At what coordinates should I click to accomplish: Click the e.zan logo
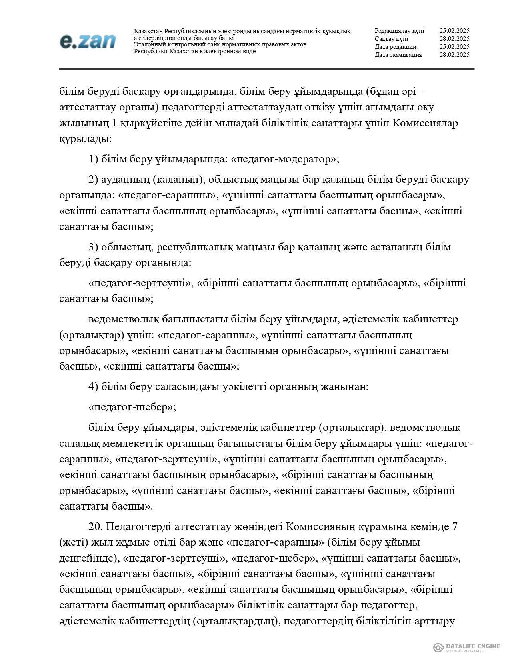[x=88, y=41]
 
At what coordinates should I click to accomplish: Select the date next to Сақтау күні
[x=454, y=39]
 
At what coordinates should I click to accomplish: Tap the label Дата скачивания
[x=398, y=55]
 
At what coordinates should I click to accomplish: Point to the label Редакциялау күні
[x=399, y=31]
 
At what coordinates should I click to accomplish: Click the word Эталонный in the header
[x=150, y=44]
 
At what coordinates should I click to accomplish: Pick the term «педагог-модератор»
[x=284, y=159]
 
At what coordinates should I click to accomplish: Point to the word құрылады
[x=85, y=139]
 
